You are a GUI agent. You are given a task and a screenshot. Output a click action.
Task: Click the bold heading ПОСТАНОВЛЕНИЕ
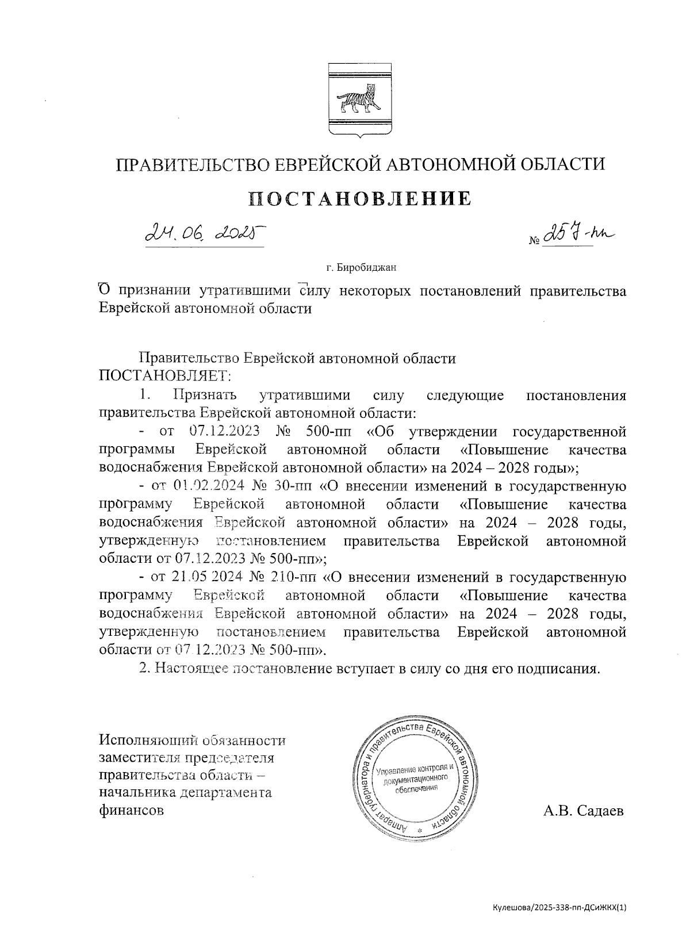(x=361, y=198)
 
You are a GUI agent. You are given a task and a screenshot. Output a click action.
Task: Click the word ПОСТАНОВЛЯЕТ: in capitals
(x=164, y=377)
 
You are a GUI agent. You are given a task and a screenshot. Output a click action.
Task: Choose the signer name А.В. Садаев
(x=583, y=811)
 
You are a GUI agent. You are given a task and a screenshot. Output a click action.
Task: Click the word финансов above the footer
(x=131, y=811)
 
